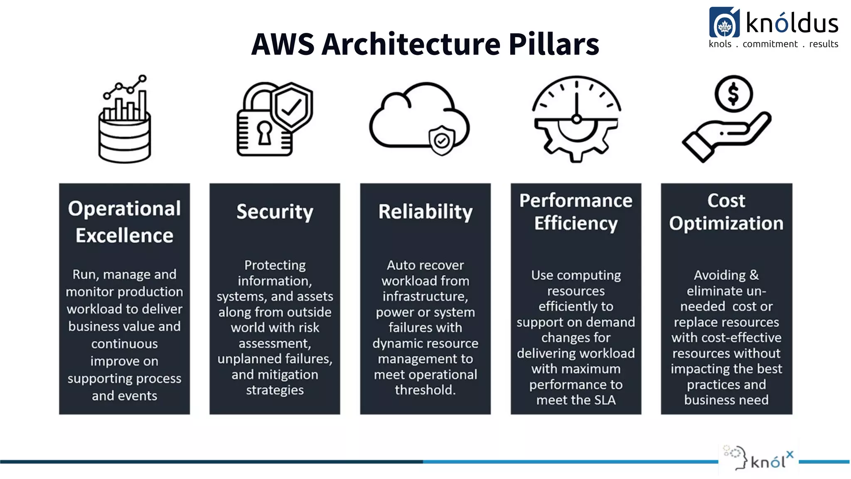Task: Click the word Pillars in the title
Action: (x=553, y=44)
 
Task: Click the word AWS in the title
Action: (x=283, y=44)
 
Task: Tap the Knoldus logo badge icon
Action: (x=724, y=23)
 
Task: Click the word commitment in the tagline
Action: (x=770, y=44)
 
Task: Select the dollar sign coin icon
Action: (x=733, y=94)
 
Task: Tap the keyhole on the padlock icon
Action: (x=265, y=132)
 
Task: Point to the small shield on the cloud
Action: (x=441, y=141)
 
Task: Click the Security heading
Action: (x=275, y=212)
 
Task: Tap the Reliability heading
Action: (x=425, y=212)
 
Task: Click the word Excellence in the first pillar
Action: (x=124, y=235)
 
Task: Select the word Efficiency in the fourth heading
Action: (x=576, y=223)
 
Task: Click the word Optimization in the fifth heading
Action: (x=726, y=223)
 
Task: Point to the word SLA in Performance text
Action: (x=605, y=400)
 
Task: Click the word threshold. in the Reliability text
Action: (x=425, y=390)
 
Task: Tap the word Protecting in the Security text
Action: (x=275, y=265)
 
